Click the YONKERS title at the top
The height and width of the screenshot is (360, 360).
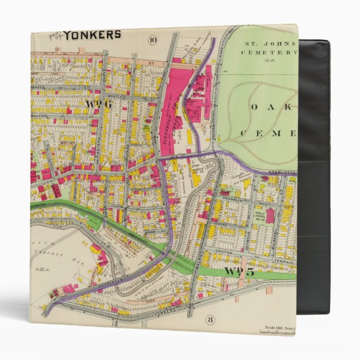pyautogui.click(x=92, y=35)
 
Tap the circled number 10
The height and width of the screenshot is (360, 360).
pyautogui.click(x=153, y=39)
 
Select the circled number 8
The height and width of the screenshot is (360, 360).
pyautogui.click(x=210, y=320)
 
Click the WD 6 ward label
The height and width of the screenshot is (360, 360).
pyautogui.click(x=96, y=104)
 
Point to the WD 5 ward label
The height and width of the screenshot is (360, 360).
pyautogui.click(x=239, y=272)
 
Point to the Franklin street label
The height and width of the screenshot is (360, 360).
pyautogui.click(x=231, y=199)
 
